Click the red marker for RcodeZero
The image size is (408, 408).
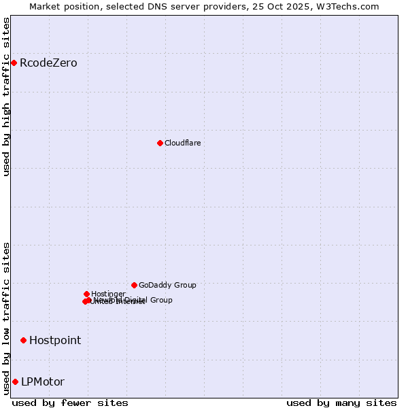coord(14,63)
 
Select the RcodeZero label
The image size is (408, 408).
coord(48,63)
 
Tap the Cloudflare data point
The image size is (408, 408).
coord(160,143)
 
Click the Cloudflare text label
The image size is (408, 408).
coord(182,143)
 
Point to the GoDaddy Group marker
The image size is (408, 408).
coord(134,285)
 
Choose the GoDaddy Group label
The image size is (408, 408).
coord(167,285)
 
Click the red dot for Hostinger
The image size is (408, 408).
coord(86,294)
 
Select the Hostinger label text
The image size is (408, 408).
coord(108,294)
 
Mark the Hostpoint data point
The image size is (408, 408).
coord(23,340)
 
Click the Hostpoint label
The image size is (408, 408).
coord(55,340)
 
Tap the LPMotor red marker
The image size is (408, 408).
coord(15,381)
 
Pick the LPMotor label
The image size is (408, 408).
coord(43,381)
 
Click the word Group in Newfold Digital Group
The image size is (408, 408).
coord(160,300)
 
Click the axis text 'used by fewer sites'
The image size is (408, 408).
coord(70,403)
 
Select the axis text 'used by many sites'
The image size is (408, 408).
coord(341,403)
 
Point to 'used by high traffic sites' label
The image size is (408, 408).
coord(7,97)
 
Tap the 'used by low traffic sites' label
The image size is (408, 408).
coord(7,318)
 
